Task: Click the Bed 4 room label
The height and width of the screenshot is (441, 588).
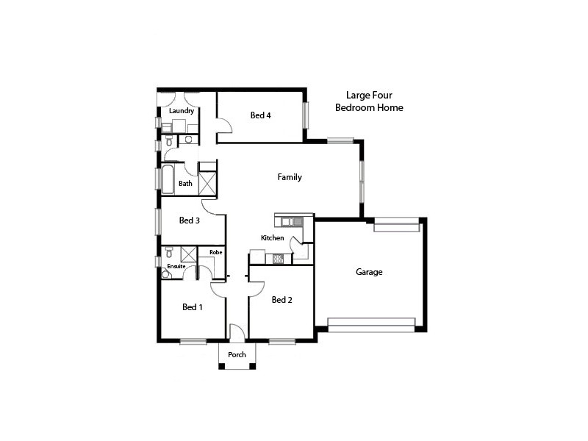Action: [260, 115]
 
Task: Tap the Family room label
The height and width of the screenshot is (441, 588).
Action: [290, 177]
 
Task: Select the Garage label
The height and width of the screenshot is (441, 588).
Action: [369, 272]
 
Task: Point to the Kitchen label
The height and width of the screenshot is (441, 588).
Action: [272, 238]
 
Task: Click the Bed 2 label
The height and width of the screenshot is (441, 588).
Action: [282, 300]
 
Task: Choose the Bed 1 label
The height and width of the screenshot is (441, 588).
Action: [193, 307]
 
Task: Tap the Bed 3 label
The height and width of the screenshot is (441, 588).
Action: [190, 220]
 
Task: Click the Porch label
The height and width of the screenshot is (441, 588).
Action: [237, 355]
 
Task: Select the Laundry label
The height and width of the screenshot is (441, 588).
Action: [182, 112]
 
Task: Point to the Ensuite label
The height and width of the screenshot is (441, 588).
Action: [176, 266]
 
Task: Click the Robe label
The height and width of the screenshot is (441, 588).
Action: [215, 252]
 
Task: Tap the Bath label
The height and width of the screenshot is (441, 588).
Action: [185, 184]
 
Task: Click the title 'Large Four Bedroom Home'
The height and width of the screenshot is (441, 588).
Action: [369, 101]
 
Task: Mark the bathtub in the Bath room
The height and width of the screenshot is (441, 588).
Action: [168, 179]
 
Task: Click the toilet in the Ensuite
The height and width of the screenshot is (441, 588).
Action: [166, 274]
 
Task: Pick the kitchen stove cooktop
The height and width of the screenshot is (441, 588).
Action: [279, 259]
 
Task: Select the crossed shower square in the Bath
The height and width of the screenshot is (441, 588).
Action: [207, 182]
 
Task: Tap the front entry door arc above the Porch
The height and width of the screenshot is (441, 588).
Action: [237, 333]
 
